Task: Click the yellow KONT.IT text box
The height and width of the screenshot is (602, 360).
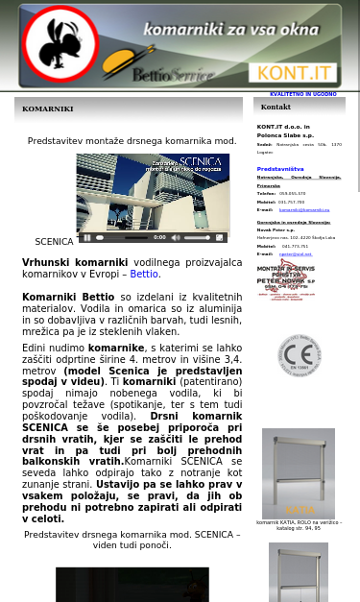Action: pos(293,73)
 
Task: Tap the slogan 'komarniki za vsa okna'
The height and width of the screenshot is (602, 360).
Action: pos(230,30)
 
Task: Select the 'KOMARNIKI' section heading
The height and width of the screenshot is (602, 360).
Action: pos(48,109)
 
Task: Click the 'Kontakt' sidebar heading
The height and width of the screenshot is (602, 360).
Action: pos(276,107)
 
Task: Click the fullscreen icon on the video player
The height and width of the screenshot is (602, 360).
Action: pos(219,237)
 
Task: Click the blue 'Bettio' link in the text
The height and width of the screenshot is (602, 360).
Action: pos(144,274)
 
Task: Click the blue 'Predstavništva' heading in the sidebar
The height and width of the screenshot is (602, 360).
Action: pos(280,169)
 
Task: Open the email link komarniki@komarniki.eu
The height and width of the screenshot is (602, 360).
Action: pos(304,209)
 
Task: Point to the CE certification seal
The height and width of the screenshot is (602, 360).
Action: pos(299,355)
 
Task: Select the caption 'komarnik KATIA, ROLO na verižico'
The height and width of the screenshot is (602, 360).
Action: pos(299,522)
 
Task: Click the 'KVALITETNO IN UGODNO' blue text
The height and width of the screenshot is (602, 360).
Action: pos(302,94)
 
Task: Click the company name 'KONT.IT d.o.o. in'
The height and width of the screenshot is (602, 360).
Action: pos(283,127)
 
